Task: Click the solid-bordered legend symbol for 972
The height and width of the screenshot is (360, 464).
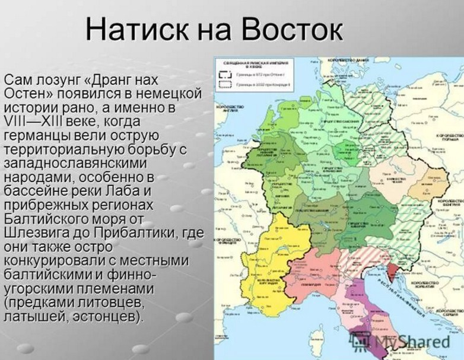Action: [x=224, y=75]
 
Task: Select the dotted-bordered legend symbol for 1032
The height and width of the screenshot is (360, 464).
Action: [x=224, y=85]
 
